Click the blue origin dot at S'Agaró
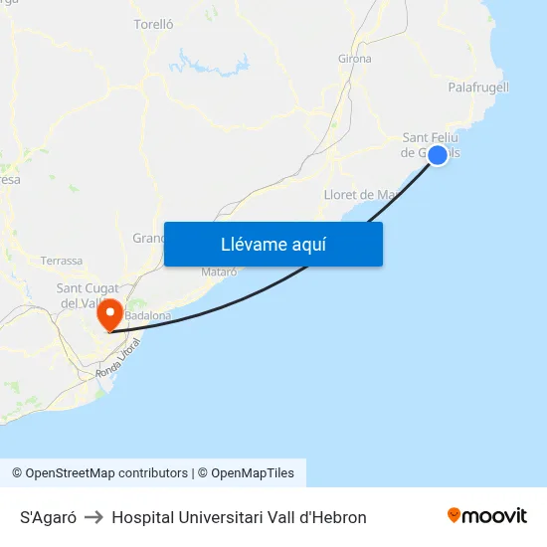click(x=437, y=155)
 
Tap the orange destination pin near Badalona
click(x=108, y=314)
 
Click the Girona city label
click(x=355, y=59)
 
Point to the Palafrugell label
click(x=478, y=88)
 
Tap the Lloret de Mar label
click(x=361, y=195)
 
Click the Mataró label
click(x=219, y=271)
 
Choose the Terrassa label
click(x=62, y=261)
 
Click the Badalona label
click(x=148, y=315)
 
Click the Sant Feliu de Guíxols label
click(x=430, y=145)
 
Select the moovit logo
click(x=487, y=515)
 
